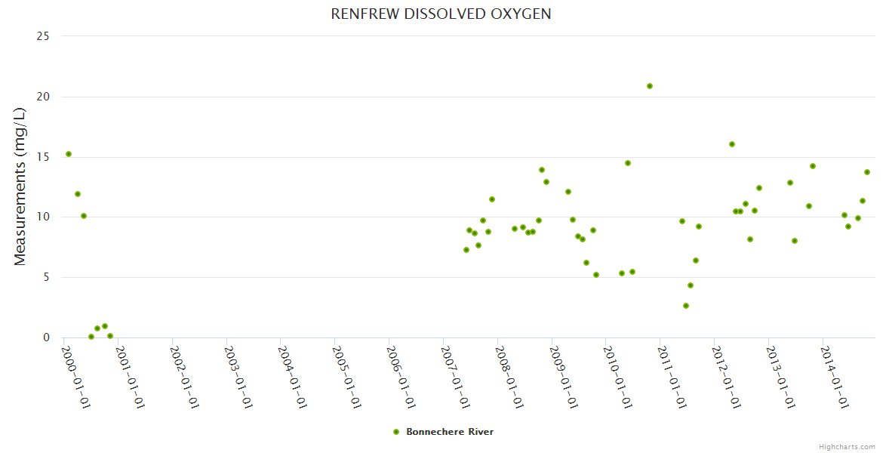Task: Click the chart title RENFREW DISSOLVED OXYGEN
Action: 441,14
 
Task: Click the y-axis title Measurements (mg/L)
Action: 20,186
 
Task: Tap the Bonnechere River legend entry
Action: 449,432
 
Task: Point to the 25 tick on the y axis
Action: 44,36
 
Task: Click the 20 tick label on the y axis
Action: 44,97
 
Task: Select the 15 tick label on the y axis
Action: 44,157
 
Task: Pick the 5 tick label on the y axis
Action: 47,277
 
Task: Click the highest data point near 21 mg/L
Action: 650,86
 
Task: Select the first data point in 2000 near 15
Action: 69,154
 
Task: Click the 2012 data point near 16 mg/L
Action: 732,144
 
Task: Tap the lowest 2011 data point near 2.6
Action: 686,306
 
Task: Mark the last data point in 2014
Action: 867,172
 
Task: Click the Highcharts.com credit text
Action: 847,446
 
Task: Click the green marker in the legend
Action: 396,432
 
